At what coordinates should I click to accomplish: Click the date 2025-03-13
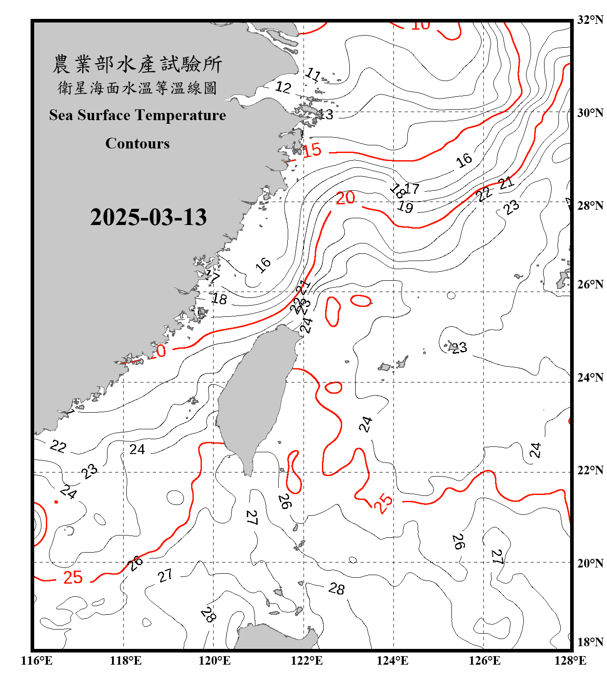pyautogui.click(x=148, y=217)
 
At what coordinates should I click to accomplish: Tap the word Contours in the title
pyautogui.click(x=138, y=143)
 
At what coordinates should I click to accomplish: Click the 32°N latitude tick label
pyautogui.click(x=590, y=20)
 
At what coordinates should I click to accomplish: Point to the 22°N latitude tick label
pyautogui.click(x=590, y=470)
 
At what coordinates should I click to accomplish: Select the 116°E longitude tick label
pyautogui.click(x=37, y=661)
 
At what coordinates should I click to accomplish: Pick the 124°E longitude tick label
pyautogui.click(x=393, y=661)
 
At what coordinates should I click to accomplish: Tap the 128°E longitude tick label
pyautogui.click(x=570, y=661)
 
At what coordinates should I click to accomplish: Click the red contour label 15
pyautogui.click(x=312, y=150)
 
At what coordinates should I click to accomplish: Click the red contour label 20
pyautogui.click(x=345, y=198)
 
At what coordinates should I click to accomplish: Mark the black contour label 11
pyautogui.click(x=313, y=74)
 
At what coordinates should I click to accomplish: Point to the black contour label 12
pyautogui.click(x=283, y=87)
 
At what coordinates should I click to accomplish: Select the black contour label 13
pyautogui.click(x=326, y=115)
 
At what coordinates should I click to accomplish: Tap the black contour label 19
pyautogui.click(x=405, y=207)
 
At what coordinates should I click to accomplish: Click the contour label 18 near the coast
pyautogui.click(x=219, y=298)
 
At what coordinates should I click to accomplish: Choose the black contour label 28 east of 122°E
pyautogui.click(x=336, y=589)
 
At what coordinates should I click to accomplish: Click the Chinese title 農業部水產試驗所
pyautogui.click(x=138, y=64)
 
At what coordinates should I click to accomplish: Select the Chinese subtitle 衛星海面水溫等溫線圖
pyautogui.click(x=138, y=88)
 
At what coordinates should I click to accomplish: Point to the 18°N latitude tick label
pyautogui.click(x=590, y=642)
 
